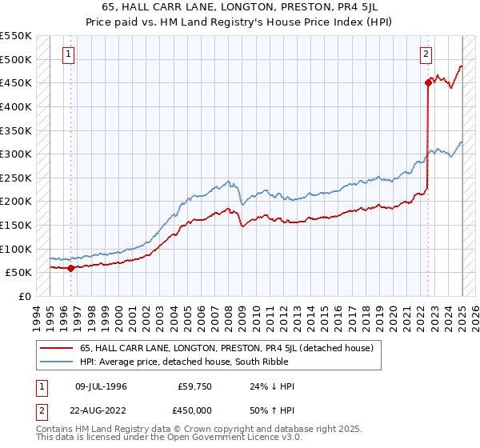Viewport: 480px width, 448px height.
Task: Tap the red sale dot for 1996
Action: (x=70, y=268)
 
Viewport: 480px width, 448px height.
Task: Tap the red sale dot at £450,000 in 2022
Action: (x=429, y=82)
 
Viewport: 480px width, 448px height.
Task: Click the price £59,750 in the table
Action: (x=194, y=386)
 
